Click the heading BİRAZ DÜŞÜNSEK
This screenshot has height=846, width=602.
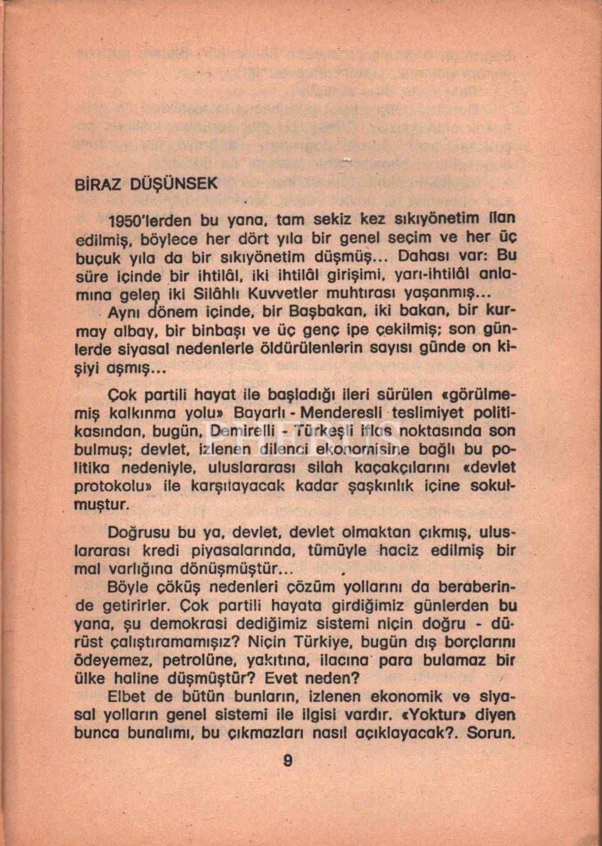(x=146, y=184)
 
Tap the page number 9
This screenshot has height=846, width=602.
(x=287, y=761)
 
